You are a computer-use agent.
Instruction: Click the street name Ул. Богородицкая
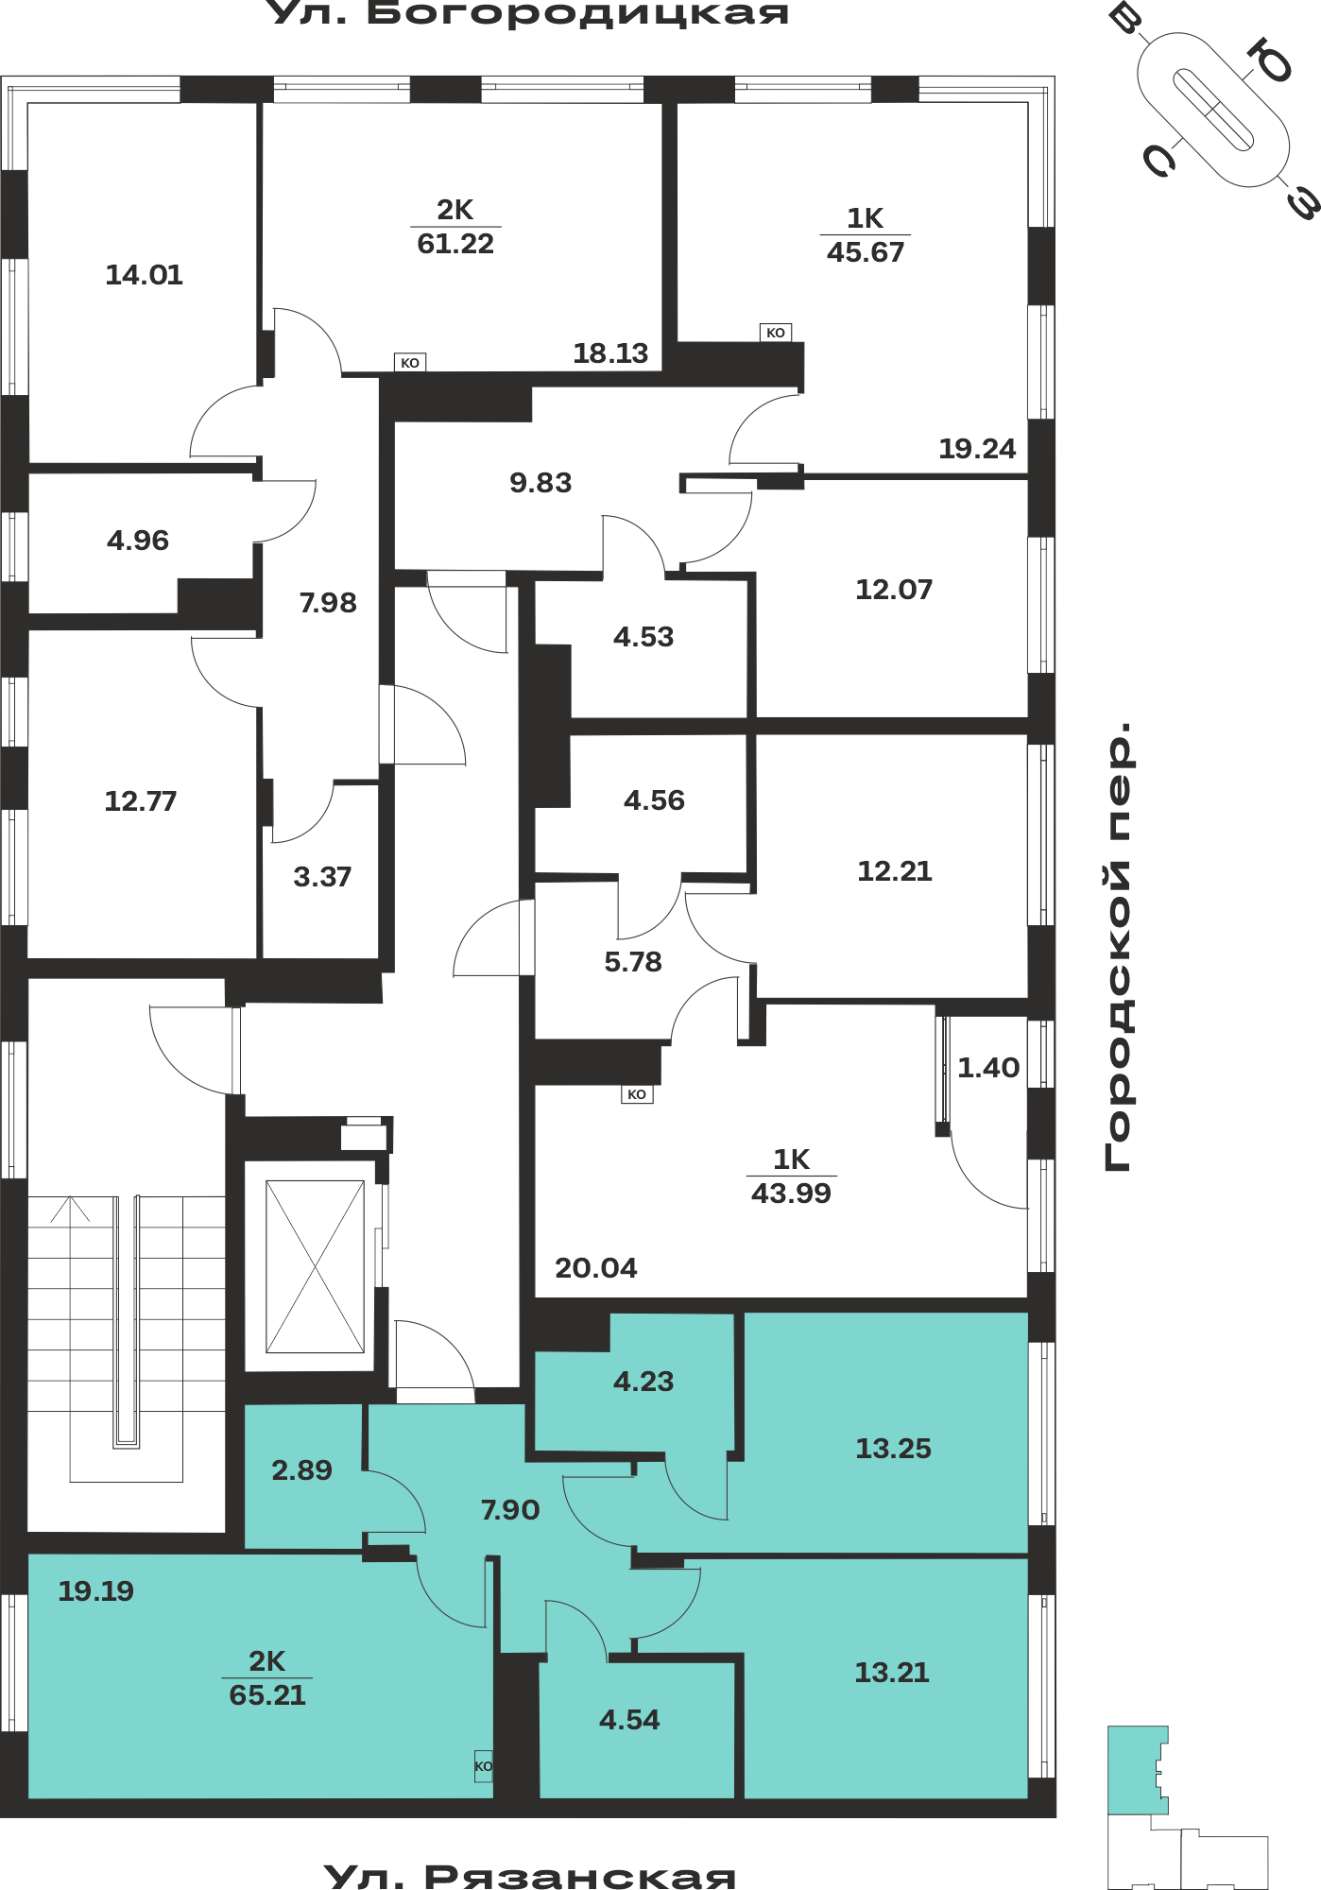tap(529, 13)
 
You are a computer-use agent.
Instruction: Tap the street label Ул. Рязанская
tap(529, 1876)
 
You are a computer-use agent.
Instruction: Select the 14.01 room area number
tap(144, 275)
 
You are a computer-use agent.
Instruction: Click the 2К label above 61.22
tap(455, 210)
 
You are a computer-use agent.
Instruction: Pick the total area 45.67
tap(866, 252)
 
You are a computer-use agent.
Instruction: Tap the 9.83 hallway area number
tap(540, 483)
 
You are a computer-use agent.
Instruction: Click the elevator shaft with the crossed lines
tap(315, 1266)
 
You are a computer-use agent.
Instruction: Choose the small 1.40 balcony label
tap(988, 1068)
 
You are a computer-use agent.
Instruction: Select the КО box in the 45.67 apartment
tap(776, 333)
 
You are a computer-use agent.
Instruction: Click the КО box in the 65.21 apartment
tap(483, 1766)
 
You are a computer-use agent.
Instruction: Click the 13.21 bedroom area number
tap(892, 1673)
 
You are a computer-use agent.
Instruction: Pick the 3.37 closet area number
tap(322, 877)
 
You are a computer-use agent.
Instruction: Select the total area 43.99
tap(791, 1194)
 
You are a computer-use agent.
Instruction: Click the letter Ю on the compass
tap(1269, 61)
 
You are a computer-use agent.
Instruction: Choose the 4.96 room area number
tap(138, 541)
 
